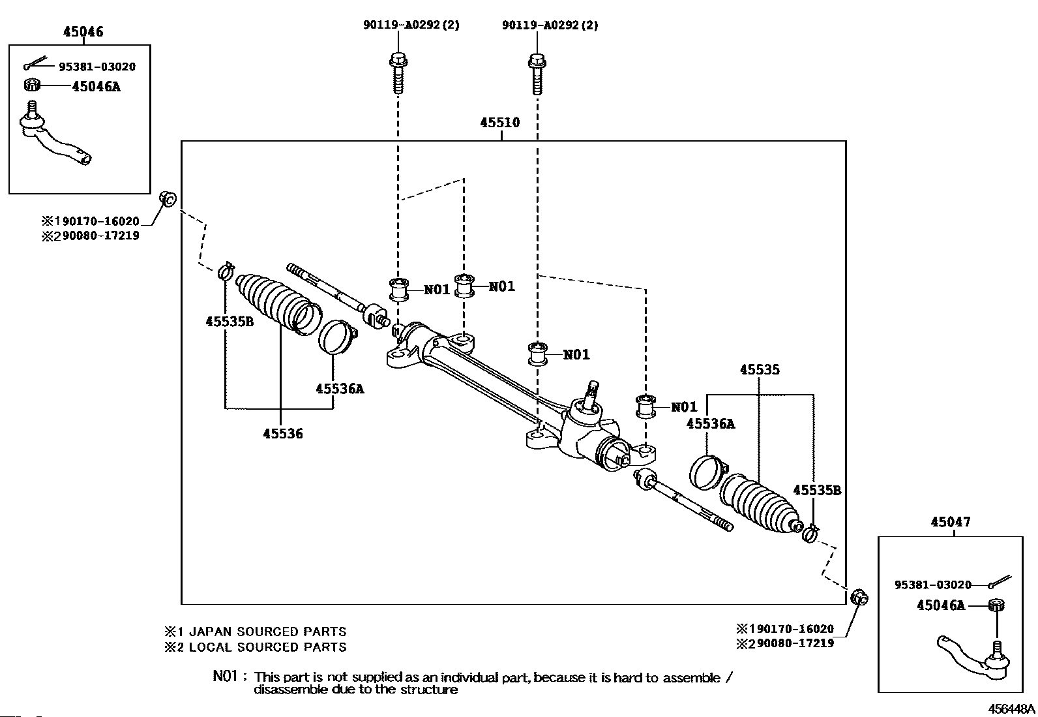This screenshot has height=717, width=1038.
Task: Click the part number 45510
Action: (x=500, y=123)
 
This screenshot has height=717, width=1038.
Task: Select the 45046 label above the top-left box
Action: (x=83, y=31)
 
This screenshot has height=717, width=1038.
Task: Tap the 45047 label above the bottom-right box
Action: (x=951, y=522)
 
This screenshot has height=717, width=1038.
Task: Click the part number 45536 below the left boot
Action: (x=283, y=434)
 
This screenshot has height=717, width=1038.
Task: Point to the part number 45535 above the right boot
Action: (x=760, y=370)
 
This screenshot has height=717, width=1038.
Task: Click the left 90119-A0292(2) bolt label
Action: (x=411, y=25)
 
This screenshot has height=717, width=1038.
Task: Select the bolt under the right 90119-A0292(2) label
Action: (x=536, y=74)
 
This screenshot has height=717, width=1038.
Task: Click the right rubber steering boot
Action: (x=760, y=504)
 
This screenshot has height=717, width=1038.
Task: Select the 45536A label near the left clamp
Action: (x=340, y=389)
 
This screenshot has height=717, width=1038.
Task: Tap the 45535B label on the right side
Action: (x=817, y=491)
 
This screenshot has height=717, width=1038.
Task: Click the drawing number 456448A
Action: (x=1011, y=709)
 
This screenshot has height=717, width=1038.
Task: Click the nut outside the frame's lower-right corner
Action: (x=859, y=596)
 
